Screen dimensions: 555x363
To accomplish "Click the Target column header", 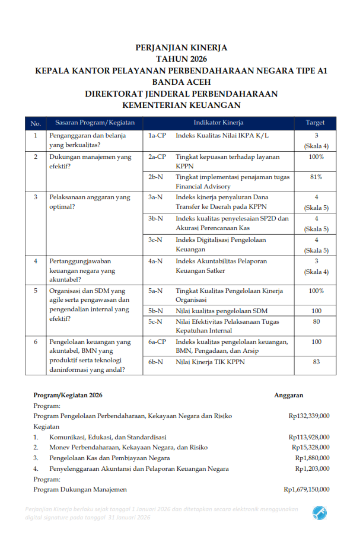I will click(315, 123).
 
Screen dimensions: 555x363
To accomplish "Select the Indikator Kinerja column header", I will click(219, 123).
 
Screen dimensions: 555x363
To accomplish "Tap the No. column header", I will click(36, 123).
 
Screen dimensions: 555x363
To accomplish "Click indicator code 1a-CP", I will click(157, 136).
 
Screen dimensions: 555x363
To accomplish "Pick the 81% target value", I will click(316, 177).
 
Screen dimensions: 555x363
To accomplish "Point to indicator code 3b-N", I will click(156, 219).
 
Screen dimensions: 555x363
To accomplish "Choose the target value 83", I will click(316, 362).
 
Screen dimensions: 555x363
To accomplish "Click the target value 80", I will click(316, 322).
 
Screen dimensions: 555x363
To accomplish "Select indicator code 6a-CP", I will click(157, 342).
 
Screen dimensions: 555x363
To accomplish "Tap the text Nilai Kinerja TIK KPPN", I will click(210, 362).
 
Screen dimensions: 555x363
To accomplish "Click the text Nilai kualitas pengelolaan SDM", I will click(218, 311).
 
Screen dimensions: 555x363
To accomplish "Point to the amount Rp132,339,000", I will click(309, 416).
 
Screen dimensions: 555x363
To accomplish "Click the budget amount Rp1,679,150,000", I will click(307, 490).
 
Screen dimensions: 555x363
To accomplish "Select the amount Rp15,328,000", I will click(311, 448).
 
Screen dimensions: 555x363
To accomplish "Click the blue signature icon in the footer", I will click(320, 512).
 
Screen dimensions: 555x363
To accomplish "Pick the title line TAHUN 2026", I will click(181, 59).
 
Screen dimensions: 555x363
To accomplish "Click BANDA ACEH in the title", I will click(181, 82).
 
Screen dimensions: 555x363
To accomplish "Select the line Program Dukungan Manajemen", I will click(80, 490).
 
